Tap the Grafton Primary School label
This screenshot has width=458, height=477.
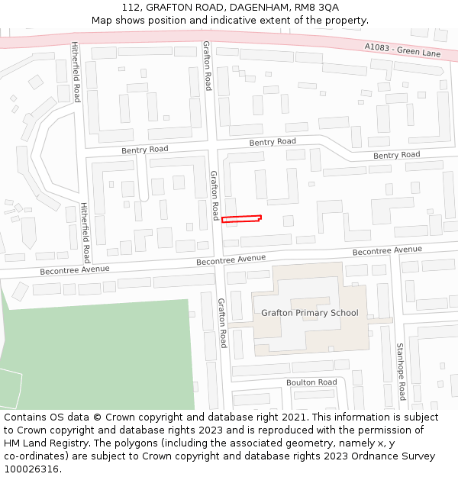coord(309,313)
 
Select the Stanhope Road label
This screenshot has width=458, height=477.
coord(400,371)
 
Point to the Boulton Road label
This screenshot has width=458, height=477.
coord(311,382)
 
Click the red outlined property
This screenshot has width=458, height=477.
coord(241,220)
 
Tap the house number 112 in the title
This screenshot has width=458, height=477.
coord(131,7)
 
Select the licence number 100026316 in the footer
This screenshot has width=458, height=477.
coord(31,469)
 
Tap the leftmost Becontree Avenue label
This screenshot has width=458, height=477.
coord(75,270)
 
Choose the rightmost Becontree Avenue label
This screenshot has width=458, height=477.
coord(387,250)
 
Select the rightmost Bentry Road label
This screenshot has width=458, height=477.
coord(396,155)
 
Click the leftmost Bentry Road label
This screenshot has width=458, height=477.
coord(145,150)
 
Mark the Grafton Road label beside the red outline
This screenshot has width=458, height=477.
coord(215,195)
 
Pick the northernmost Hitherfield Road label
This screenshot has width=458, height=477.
coord(76,72)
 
